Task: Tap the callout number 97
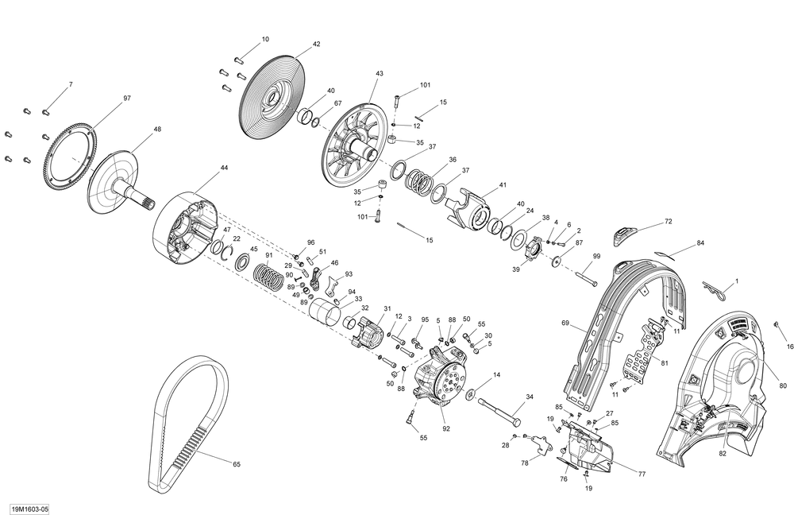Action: [x=126, y=99]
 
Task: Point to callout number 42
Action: [x=317, y=44]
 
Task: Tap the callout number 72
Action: [x=669, y=222]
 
